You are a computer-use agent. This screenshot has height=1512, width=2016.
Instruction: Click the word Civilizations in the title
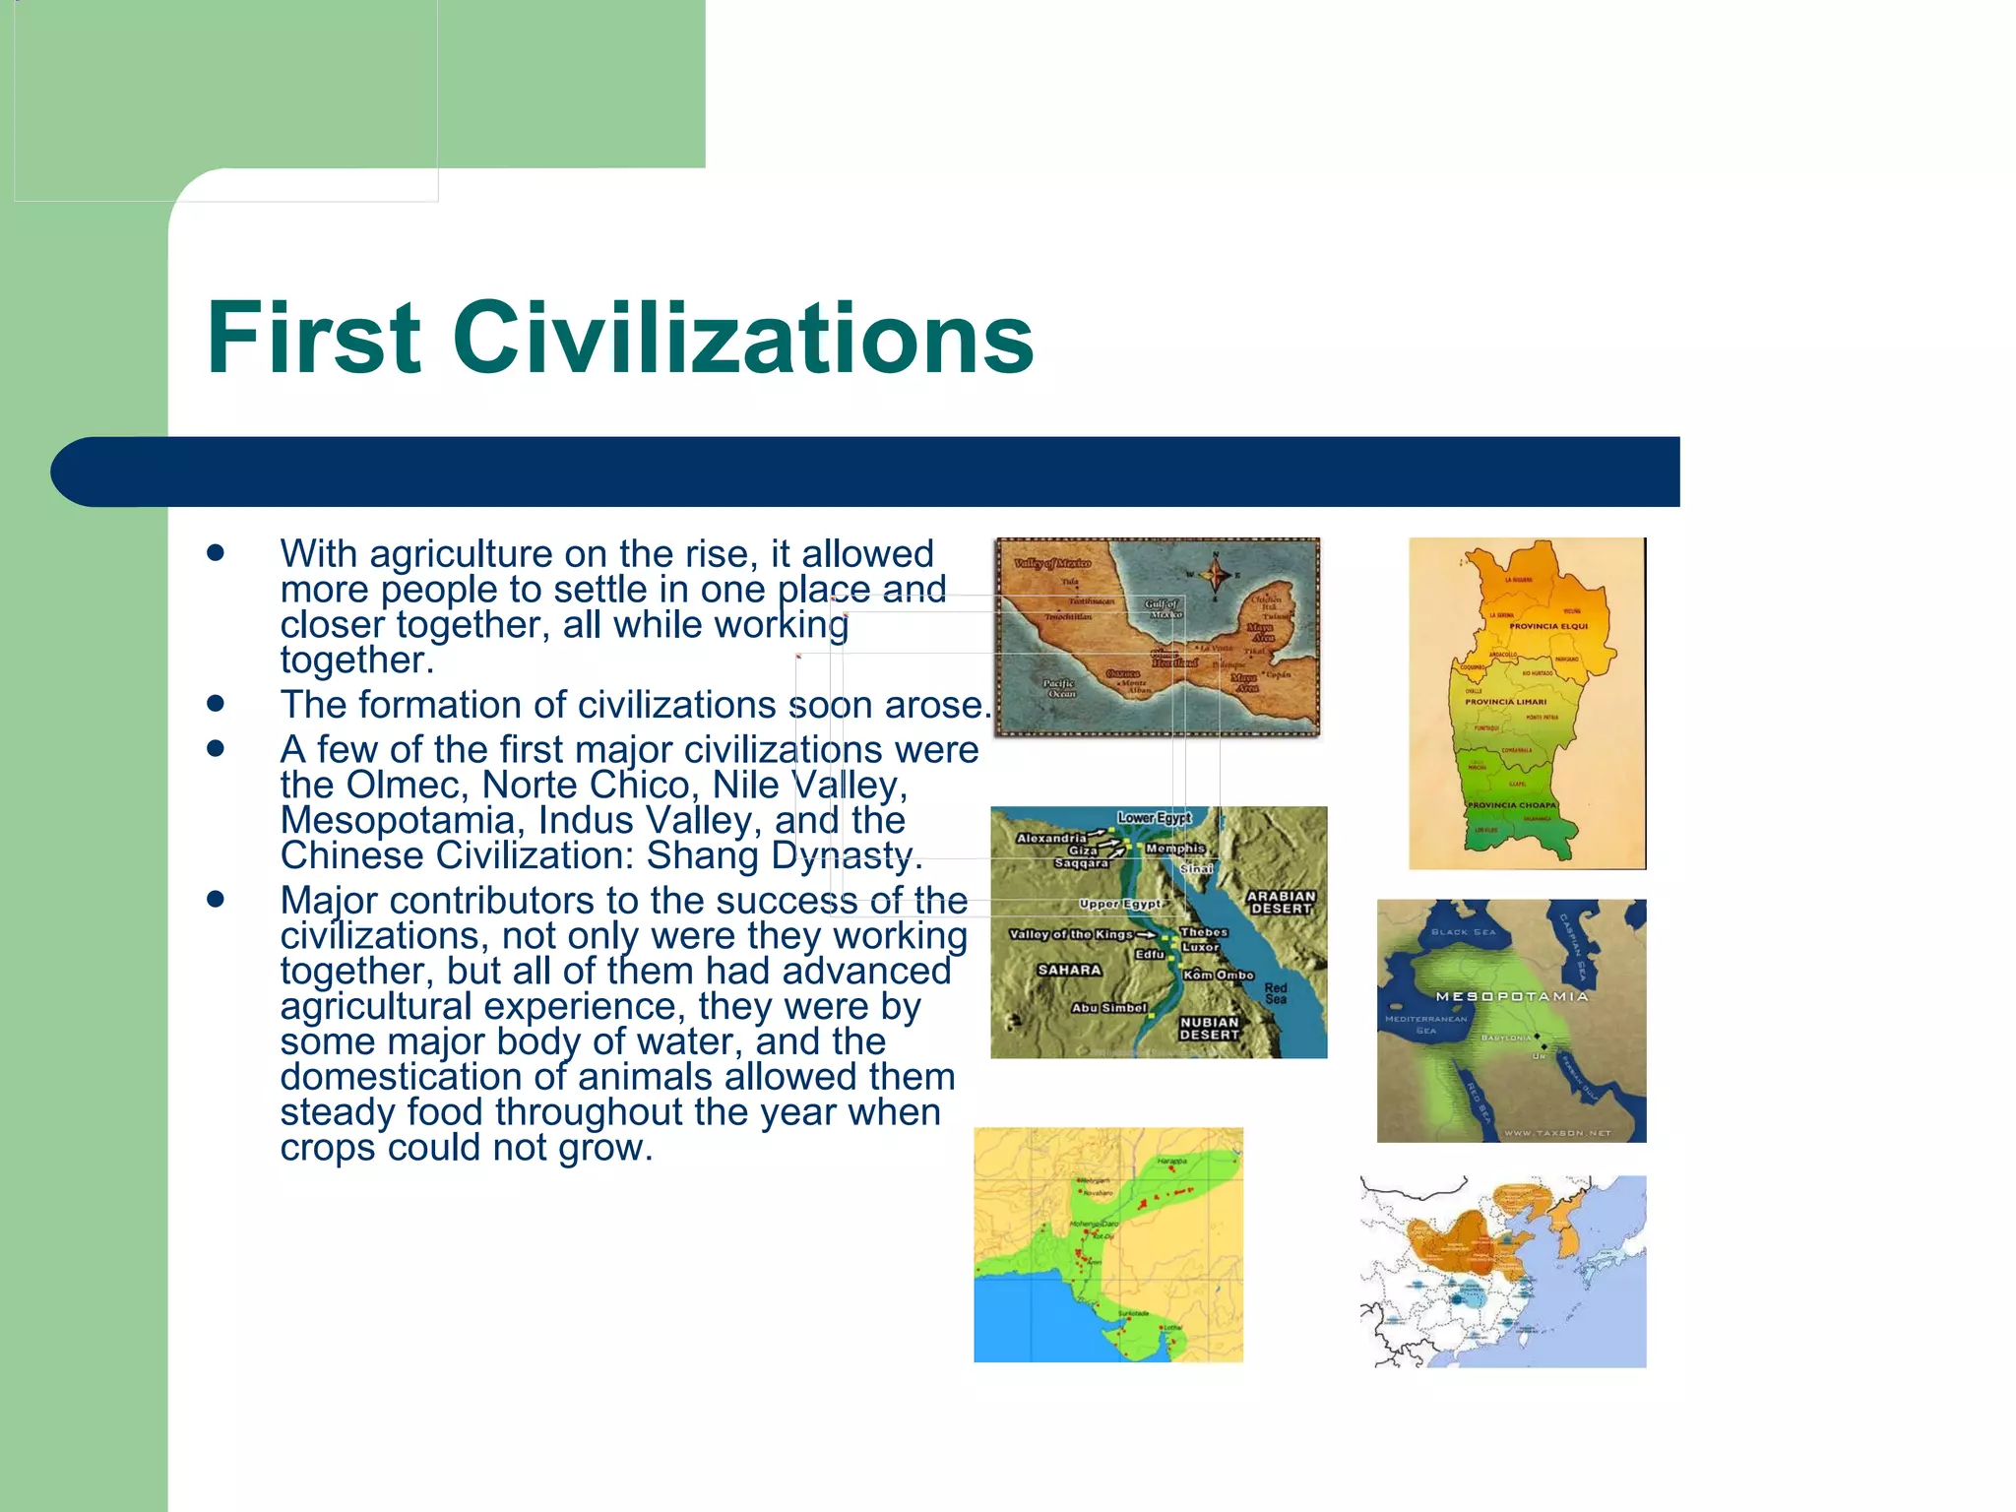point(743,338)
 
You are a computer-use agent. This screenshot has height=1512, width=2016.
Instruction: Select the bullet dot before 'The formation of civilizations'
point(216,704)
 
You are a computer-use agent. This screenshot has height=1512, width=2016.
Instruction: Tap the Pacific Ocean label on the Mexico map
point(1059,688)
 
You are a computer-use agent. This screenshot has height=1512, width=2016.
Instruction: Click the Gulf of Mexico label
point(1163,608)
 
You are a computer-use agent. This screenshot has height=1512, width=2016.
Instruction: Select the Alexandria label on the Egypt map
point(1050,839)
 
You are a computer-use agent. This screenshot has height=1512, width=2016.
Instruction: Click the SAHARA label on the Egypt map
point(1069,971)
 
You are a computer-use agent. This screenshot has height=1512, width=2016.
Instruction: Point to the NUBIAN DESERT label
point(1209,1029)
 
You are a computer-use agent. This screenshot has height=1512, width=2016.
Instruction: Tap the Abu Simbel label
point(1108,1008)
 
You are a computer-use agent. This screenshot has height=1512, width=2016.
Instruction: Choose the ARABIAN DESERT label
point(1281,903)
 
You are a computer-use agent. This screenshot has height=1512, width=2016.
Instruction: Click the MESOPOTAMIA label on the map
point(1512,997)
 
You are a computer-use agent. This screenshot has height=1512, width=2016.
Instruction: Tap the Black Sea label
point(1463,932)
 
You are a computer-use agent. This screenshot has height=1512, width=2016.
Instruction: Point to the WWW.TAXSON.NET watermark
point(1557,1133)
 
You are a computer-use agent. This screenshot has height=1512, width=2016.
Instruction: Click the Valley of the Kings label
point(1071,934)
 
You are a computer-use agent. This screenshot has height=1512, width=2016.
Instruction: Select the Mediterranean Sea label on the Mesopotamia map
point(1425,1025)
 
